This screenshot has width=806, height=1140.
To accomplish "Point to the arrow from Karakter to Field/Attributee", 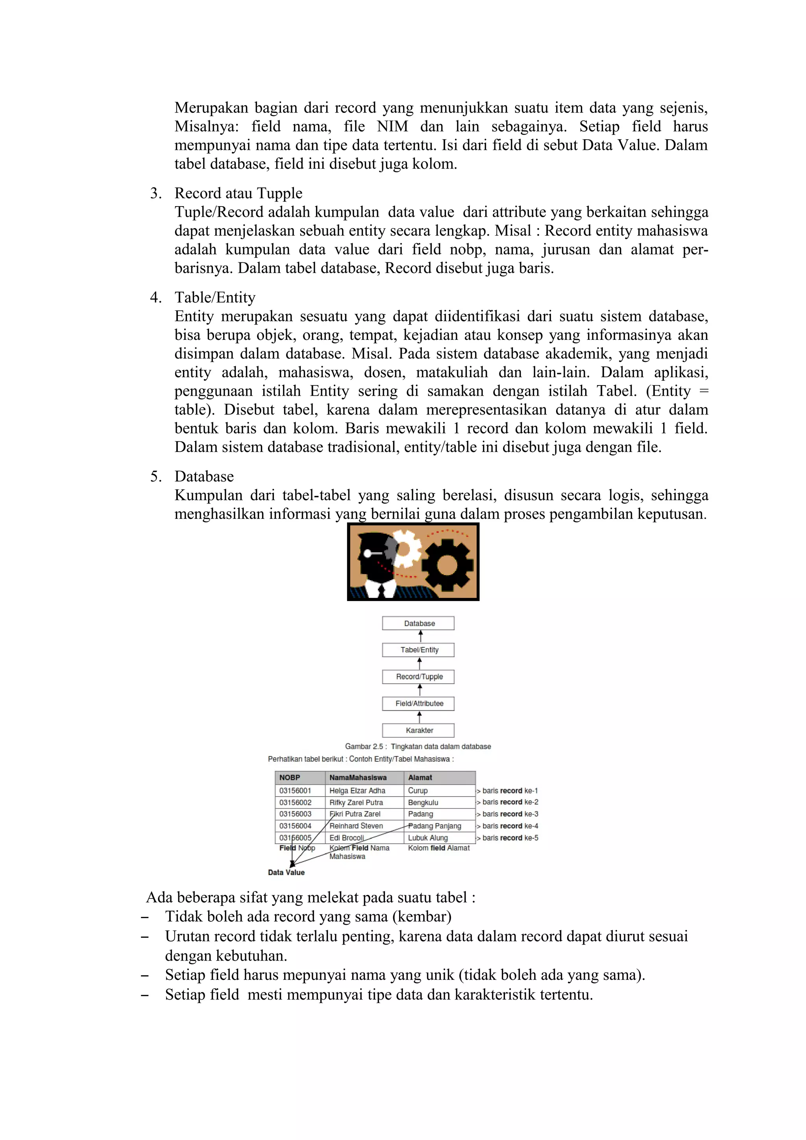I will pos(420,717).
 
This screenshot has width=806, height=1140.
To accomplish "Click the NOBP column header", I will pos(299,778).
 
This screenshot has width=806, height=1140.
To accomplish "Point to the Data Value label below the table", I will pos(286,873).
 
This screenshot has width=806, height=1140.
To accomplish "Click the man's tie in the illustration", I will pos(381,590).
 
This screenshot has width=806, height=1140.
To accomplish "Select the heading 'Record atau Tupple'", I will pos(238,193).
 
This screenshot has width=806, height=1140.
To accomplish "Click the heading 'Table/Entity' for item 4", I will pos(214,297).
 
